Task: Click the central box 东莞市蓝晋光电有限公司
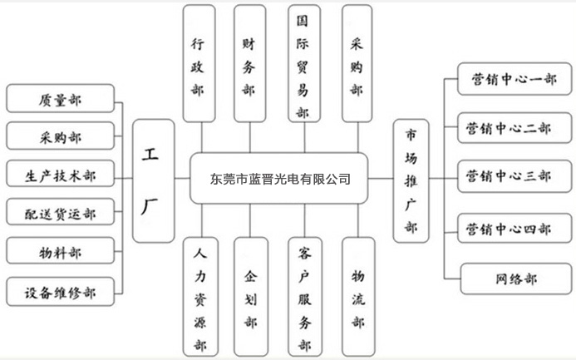point(279,179)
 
